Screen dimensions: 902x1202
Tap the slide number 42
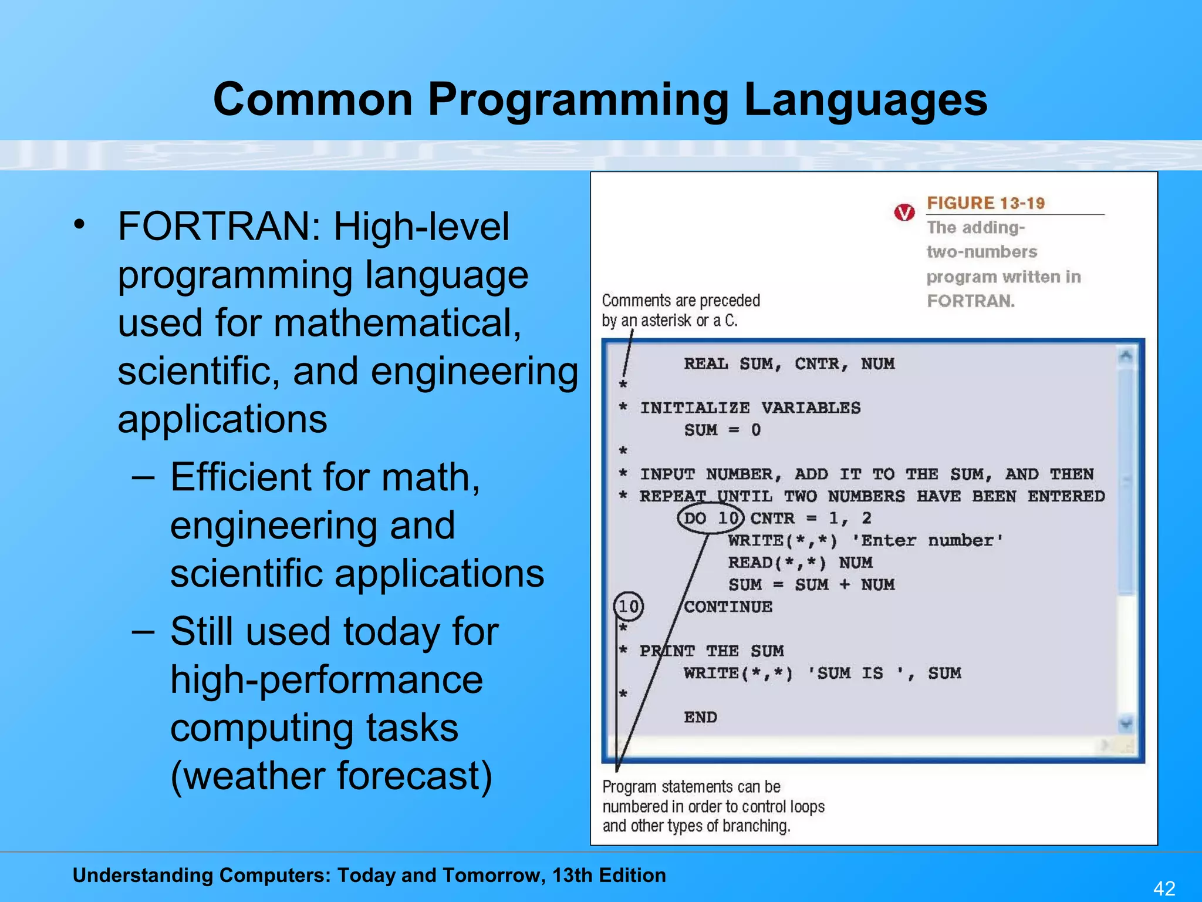pyautogui.click(x=1164, y=887)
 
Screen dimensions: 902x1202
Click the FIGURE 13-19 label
pyautogui.click(x=985, y=203)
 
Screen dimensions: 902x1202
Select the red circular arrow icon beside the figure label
pyautogui.click(x=904, y=212)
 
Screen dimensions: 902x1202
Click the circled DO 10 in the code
pyautogui.click(x=711, y=519)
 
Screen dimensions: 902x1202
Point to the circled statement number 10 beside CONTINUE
pyautogui.click(x=628, y=606)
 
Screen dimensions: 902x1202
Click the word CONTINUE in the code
pyautogui.click(x=728, y=607)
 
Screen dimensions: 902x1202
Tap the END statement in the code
pyautogui.click(x=700, y=717)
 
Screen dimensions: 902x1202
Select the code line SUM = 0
pyautogui.click(x=722, y=430)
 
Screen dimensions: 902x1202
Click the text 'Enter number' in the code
pyautogui.click(x=927, y=541)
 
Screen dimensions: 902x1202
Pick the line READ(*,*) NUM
pyautogui.click(x=800, y=563)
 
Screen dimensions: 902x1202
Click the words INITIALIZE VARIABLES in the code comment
pyautogui.click(x=750, y=408)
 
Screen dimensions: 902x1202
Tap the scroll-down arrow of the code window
pyautogui.click(x=1126, y=723)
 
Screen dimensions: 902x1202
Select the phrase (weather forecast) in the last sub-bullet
pyautogui.click(x=331, y=776)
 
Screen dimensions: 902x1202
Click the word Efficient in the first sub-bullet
pyautogui.click(x=241, y=477)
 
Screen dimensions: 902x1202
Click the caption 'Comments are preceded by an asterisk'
pyautogui.click(x=680, y=310)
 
